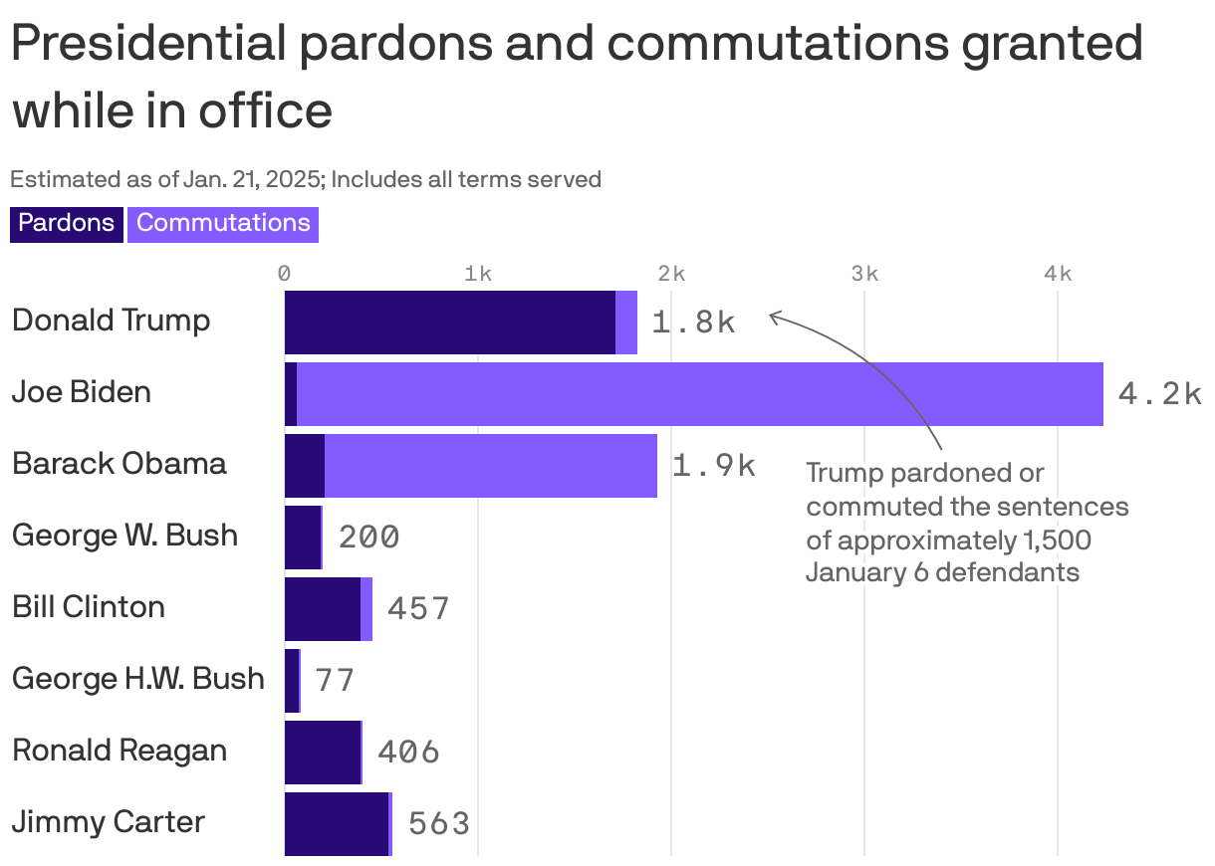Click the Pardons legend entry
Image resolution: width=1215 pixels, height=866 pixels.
click(66, 223)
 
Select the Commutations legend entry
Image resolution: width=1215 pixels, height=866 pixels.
click(223, 223)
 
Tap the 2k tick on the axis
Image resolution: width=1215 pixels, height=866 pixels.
click(671, 274)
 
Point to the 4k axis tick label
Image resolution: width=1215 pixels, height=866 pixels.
click(1058, 274)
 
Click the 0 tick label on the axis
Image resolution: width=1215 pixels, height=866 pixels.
click(285, 274)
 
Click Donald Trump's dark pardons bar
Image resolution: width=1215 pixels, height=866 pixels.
click(449, 323)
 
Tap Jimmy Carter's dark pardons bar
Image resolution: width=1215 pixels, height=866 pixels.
click(336, 824)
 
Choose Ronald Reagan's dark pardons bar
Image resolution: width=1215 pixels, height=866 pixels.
click(322, 753)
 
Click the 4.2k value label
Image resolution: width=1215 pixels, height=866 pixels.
click(1160, 394)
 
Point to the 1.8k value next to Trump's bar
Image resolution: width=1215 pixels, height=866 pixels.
click(693, 323)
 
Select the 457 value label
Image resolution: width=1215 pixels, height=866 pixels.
click(418, 608)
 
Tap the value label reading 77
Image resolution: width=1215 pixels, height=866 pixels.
click(335, 680)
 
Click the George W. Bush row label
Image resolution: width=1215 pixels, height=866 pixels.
click(124, 536)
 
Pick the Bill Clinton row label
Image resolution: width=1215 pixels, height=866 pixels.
click(89, 607)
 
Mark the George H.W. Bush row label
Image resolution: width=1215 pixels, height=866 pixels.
click(138, 679)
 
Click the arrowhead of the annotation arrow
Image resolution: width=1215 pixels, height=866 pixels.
click(773, 317)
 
